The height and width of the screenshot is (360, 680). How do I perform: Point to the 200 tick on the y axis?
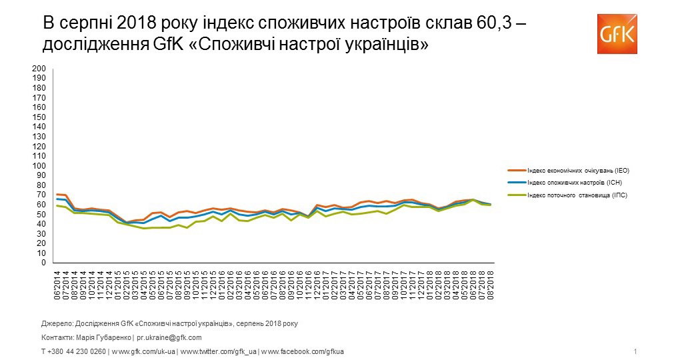pyautogui.click(x=39, y=69)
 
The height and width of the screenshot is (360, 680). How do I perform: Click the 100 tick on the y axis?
pyautogui.click(x=39, y=166)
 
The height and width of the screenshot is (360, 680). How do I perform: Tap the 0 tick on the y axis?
pyautogui.click(x=43, y=263)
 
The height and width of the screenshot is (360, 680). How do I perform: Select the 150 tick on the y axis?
pyautogui.click(x=39, y=117)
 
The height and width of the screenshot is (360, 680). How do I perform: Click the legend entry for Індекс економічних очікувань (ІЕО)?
pyautogui.click(x=578, y=171)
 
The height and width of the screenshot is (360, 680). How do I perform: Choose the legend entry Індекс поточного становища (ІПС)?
pyautogui.click(x=577, y=195)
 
